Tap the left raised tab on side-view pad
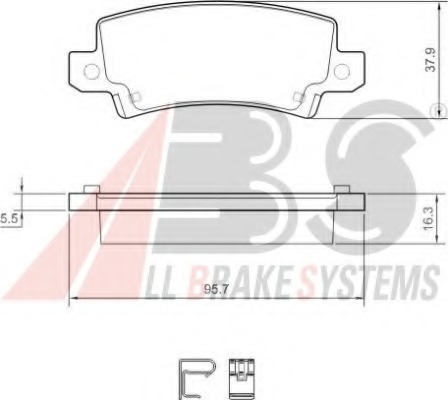pos(89,189)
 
